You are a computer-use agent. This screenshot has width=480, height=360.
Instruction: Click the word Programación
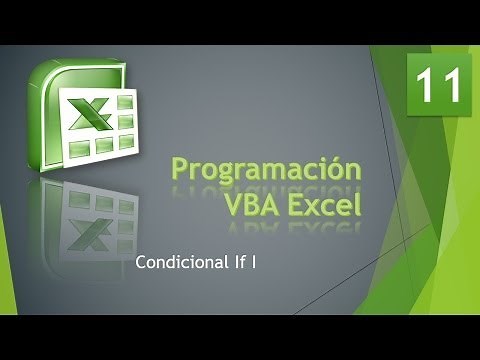pyautogui.click(x=265, y=171)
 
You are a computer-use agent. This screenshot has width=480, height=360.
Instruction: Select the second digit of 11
pyautogui.click(x=450, y=86)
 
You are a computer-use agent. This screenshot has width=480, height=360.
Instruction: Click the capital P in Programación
pyautogui.click(x=181, y=169)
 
